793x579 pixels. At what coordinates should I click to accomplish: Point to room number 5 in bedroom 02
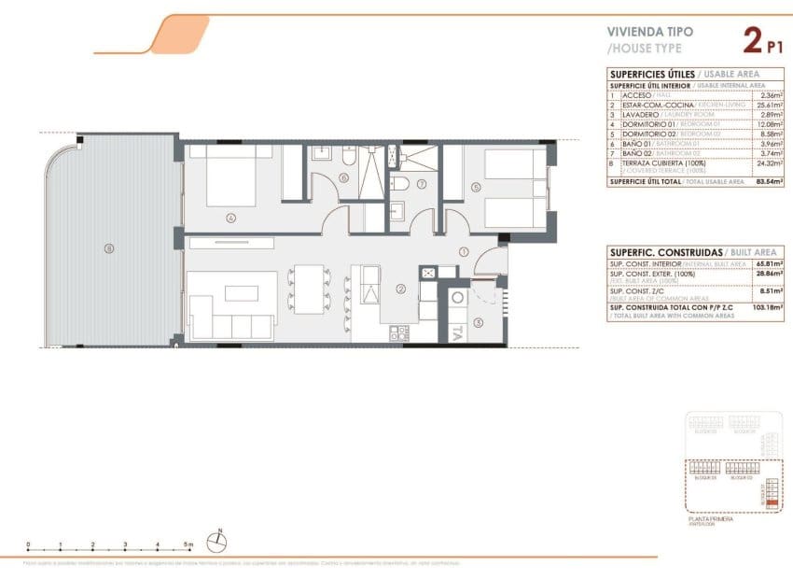pyautogui.click(x=476, y=187)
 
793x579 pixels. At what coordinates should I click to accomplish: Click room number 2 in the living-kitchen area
pyautogui.click(x=400, y=289)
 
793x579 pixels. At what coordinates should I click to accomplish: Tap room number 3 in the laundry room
pyautogui.click(x=477, y=323)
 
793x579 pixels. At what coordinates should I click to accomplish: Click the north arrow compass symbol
pyautogui.click(x=219, y=539)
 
